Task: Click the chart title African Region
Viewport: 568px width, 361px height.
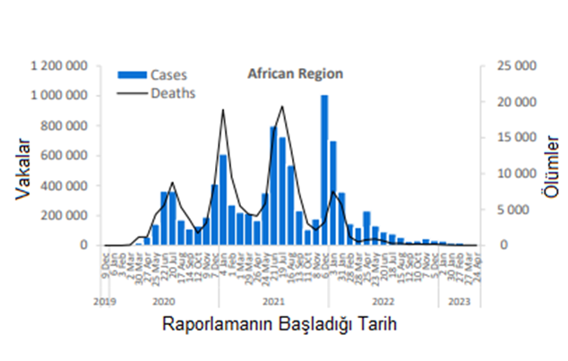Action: tap(295, 73)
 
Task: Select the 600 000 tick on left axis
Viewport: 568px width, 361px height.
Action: tap(65, 155)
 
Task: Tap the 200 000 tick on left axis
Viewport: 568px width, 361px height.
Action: tap(65, 215)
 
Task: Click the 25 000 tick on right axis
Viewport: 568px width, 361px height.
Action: tap(513, 65)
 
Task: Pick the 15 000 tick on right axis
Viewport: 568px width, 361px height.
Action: tap(513, 137)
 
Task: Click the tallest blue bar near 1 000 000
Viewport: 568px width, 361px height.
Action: tap(324, 169)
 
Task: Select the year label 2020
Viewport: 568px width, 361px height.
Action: tap(163, 301)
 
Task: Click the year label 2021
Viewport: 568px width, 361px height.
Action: tap(273, 301)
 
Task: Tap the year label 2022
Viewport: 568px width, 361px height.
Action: tap(383, 301)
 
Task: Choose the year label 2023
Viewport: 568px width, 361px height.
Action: tap(459, 301)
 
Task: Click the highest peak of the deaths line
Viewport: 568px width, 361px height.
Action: tap(282, 107)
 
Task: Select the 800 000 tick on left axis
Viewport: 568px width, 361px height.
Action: tap(65, 125)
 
